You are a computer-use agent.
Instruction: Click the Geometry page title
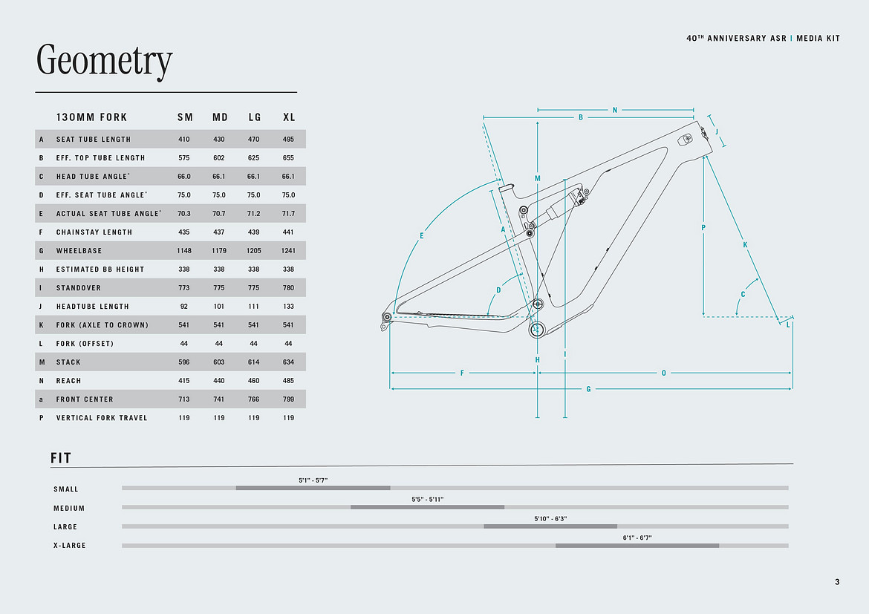pyautogui.click(x=104, y=60)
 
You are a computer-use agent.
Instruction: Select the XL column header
pyautogui.click(x=289, y=117)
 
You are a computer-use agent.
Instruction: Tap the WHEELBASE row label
pyautogui.click(x=79, y=250)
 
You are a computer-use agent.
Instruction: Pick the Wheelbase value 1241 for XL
pyautogui.click(x=288, y=250)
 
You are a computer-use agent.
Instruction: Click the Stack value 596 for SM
pyautogui.click(x=184, y=362)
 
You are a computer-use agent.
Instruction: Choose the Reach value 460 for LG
pyautogui.click(x=253, y=381)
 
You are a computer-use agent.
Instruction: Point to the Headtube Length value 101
pyautogui.click(x=219, y=307)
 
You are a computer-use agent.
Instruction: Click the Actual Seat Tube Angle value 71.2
pyautogui.click(x=253, y=213)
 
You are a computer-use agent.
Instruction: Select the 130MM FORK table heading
pyautogui.click(x=91, y=117)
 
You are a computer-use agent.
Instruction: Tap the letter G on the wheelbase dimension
pyautogui.click(x=588, y=389)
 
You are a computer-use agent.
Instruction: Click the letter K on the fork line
pyautogui.click(x=745, y=245)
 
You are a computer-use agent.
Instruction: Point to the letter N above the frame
pyautogui.click(x=615, y=111)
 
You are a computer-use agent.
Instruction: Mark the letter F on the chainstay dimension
pyautogui.click(x=462, y=373)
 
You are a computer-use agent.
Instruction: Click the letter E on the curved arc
pyautogui.click(x=421, y=236)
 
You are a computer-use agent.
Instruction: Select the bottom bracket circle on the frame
pyautogui.click(x=536, y=330)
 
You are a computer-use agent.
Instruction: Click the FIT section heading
pyautogui.click(x=61, y=458)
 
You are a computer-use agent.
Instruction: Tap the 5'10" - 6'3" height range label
pyautogui.click(x=550, y=519)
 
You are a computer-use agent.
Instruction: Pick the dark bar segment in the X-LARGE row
pyautogui.click(x=637, y=546)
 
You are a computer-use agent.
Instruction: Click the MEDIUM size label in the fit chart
pyautogui.click(x=69, y=508)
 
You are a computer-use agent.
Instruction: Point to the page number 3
pyautogui.click(x=837, y=582)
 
